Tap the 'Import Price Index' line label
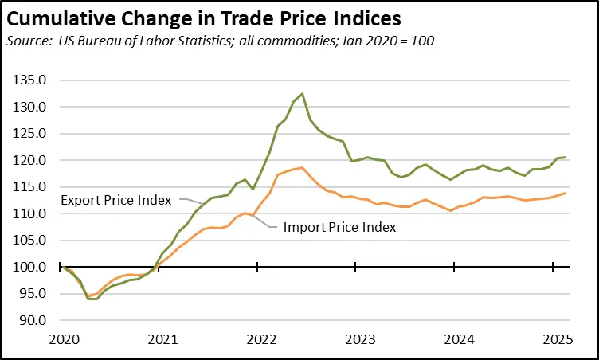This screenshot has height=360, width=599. tap(340, 227)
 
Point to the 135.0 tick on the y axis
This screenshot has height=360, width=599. tap(33, 80)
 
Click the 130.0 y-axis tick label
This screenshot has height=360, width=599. tap(33, 107)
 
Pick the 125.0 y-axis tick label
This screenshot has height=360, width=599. tap(33, 134)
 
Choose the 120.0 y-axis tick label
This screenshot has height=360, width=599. tap(33, 160)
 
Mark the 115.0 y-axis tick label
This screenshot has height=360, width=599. tap(33, 187)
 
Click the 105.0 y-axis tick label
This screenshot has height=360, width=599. tap(33, 241)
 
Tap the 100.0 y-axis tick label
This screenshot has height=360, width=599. tap(33, 267)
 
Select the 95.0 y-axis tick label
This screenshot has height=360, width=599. tap(33, 294)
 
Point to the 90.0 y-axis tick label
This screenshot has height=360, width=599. tap(34, 320)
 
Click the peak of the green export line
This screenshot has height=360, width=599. tap(302, 94)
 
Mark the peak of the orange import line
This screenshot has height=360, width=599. tap(302, 167)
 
